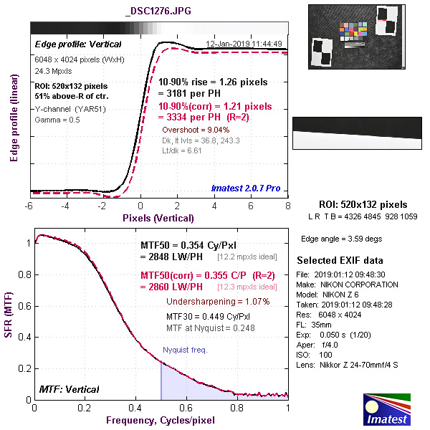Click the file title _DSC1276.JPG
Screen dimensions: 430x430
coord(158,11)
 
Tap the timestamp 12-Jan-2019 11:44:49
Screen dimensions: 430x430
coord(244,44)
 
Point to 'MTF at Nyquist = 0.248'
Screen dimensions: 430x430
coord(210,328)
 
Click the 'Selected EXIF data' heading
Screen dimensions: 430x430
coord(340,260)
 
